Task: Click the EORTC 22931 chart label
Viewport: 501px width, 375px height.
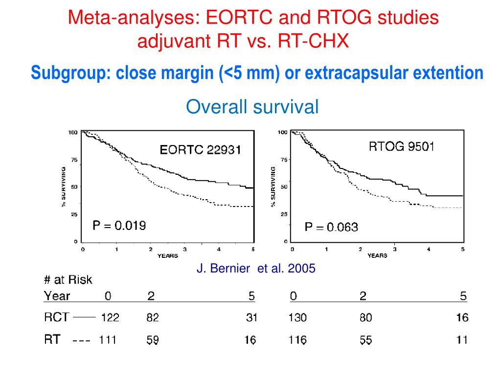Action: tap(200, 150)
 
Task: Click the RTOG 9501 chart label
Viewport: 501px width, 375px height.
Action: tap(401, 146)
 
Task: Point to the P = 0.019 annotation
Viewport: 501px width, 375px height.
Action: tap(119, 226)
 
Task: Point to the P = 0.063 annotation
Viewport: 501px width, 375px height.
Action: tap(331, 227)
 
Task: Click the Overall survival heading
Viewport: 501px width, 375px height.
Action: tap(252, 106)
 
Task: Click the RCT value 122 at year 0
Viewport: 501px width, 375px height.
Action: tap(110, 318)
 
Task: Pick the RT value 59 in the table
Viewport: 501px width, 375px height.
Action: tap(153, 340)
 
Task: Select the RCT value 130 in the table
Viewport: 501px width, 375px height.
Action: tap(298, 318)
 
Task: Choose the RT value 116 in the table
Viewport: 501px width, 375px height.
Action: tap(298, 340)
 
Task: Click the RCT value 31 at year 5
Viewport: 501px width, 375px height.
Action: tap(251, 318)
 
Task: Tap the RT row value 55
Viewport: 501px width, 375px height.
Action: tap(365, 340)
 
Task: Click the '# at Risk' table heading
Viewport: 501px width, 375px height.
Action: tap(68, 280)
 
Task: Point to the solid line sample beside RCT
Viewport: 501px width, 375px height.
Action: tap(84, 317)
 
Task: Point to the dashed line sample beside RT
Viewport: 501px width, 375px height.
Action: tap(81, 340)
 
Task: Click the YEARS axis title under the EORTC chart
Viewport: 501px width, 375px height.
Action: tap(167, 256)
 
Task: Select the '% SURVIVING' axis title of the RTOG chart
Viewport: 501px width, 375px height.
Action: tap(273, 187)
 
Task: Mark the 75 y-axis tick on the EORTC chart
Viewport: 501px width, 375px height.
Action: tap(74, 160)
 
